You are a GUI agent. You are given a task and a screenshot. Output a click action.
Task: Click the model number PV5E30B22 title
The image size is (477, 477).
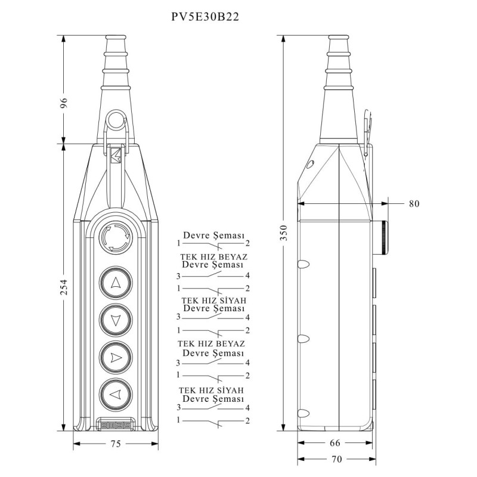coord(206,18)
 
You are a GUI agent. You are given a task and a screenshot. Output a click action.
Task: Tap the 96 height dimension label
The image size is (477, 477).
coord(64,102)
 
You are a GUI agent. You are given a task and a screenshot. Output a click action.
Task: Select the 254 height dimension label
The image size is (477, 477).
coord(64,287)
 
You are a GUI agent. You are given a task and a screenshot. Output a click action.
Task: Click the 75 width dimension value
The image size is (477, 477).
coord(116,444)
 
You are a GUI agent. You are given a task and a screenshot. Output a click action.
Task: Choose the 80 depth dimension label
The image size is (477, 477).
coord(414,203)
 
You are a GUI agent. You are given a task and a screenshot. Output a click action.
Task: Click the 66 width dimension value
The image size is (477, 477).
coord(335,443)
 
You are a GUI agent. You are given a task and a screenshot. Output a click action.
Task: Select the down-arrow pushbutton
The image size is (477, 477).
coord(116,320)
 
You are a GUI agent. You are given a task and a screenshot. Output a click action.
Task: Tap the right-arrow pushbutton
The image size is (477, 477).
coord(116,357)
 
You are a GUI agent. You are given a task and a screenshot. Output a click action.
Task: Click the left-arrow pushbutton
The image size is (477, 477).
coord(116,394)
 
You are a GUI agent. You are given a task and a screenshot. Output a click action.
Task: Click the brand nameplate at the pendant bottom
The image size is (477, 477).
coord(116,425)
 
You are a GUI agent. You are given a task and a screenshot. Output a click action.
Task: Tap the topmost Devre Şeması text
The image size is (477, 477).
coord(213,236)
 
